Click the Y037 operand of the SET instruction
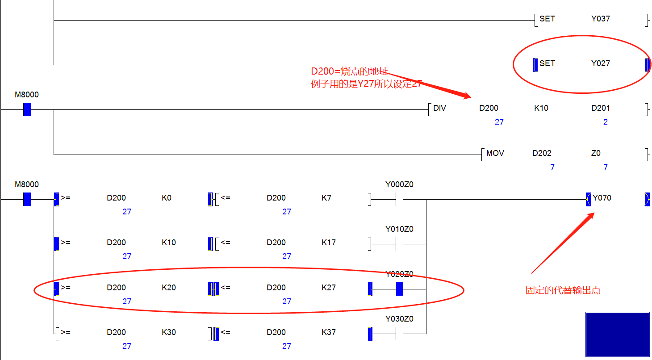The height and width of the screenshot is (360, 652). (600, 19)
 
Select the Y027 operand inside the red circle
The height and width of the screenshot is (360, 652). (600, 63)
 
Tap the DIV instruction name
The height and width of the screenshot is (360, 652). (439, 108)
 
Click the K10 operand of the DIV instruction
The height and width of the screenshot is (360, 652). (541, 108)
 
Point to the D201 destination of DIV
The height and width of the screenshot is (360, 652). (600, 108)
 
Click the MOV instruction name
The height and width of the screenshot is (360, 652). (495, 153)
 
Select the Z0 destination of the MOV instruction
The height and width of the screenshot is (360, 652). (596, 153)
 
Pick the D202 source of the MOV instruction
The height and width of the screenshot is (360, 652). (542, 153)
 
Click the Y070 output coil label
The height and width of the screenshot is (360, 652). (602, 198)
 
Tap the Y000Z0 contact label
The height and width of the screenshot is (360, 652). (399, 184)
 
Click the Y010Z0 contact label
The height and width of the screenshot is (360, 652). (399, 229)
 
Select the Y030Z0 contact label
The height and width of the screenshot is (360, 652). (399, 319)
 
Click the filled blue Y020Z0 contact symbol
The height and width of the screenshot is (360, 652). (400, 289)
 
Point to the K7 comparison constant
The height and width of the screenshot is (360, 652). (326, 198)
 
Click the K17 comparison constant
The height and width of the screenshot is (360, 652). (328, 243)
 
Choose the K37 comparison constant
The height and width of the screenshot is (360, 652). (328, 332)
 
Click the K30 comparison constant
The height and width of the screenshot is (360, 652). (168, 332)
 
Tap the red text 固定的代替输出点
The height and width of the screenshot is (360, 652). (563, 290)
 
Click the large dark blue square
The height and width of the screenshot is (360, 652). (617, 334)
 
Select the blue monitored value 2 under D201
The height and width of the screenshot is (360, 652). (605, 122)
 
